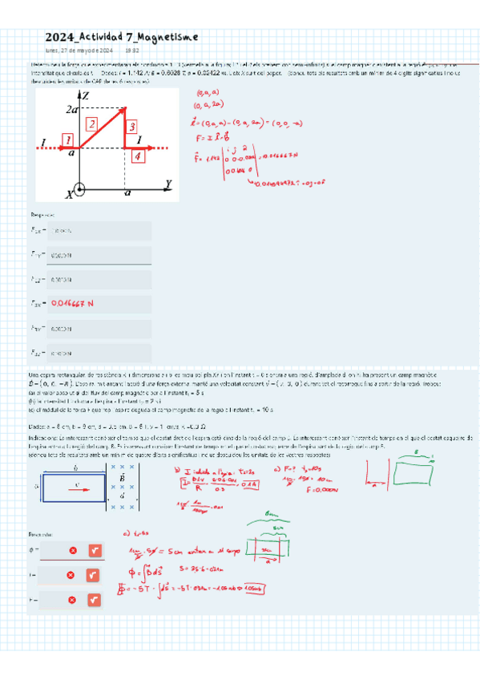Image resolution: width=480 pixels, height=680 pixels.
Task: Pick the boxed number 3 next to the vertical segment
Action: pos(132,125)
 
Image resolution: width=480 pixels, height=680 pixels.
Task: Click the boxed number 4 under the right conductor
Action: pos(138,156)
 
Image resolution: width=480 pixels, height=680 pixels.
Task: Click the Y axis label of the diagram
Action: pos(168,184)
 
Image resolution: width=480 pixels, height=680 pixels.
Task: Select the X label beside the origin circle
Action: pos(70,193)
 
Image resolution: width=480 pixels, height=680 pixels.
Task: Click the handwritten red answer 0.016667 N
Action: pos(72,304)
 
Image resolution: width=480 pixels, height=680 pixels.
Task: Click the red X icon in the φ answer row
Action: pos(72,551)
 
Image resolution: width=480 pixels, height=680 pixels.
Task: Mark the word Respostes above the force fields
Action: pos(42,215)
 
